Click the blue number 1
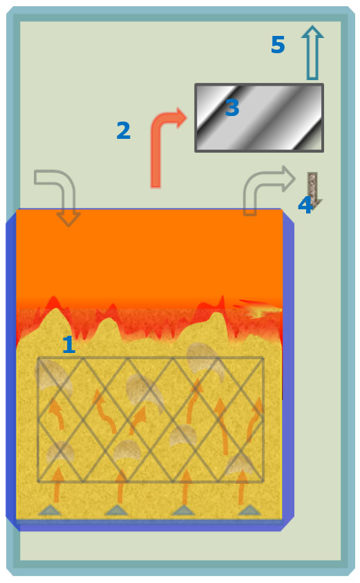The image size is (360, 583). tap(69, 344)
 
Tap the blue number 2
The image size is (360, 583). tap(124, 131)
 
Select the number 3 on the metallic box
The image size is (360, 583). tap(232, 108)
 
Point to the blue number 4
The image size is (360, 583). tap(305, 205)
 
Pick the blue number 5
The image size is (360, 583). tap(278, 45)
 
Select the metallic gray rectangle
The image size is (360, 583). tap(259, 118)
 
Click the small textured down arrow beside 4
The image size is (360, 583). tap(313, 191)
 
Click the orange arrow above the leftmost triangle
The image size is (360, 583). tap(57, 484)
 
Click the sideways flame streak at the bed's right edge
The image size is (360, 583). tap(258, 309)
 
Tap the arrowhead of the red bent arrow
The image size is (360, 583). tap(180, 118)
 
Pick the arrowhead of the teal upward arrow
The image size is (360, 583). tap(312, 32)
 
